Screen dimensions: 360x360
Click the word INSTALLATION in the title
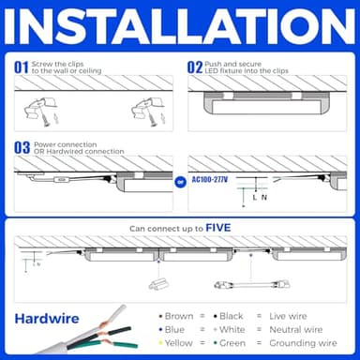tap(180, 28)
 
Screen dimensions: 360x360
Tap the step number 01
tap(21, 67)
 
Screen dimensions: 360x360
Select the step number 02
tap(195, 67)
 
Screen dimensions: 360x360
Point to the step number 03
tap(21, 146)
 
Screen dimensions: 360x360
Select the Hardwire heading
tap(46, 318)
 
